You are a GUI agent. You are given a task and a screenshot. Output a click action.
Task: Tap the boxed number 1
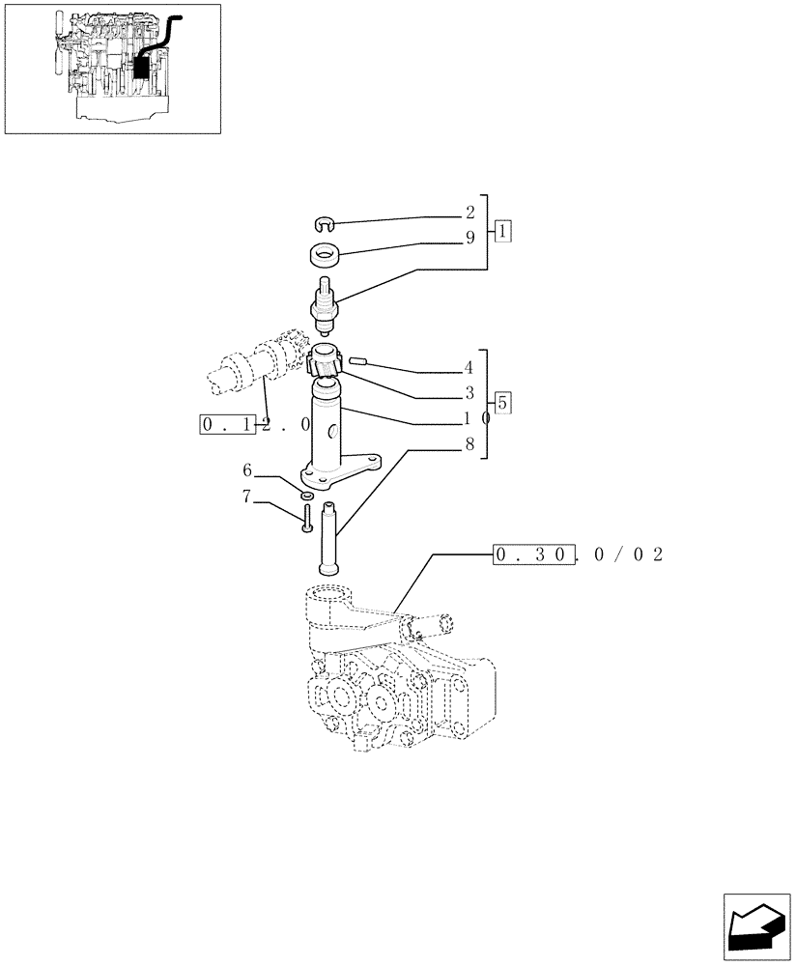[503, 231]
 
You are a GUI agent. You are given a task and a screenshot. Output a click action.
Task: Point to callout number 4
[469, 368]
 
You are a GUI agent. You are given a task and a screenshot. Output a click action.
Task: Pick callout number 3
[469, 393]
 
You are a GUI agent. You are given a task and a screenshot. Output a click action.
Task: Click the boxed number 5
[503, 403]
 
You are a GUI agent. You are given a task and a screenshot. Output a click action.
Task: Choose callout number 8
[469, 445]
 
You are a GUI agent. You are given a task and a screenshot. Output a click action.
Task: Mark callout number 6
[247, 470]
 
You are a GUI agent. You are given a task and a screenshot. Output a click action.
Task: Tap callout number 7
[247, 497]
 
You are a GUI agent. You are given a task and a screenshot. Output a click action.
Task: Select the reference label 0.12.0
[255, 424]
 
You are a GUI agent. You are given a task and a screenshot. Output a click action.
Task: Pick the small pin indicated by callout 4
[358, 361]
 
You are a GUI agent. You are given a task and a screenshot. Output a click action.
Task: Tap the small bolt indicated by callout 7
[306, 519]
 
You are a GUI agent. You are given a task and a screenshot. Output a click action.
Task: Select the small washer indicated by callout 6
[306, 497]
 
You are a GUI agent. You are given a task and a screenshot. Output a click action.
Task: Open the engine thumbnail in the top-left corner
[112, 69]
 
